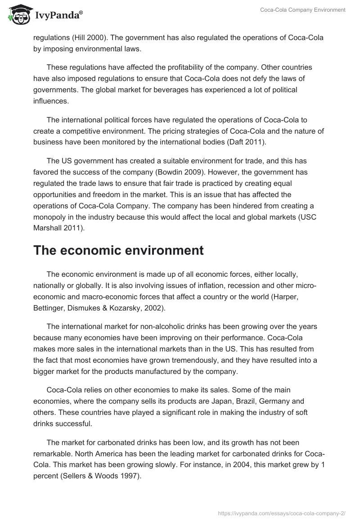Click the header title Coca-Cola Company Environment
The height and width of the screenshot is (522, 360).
(x=302, y=10)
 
